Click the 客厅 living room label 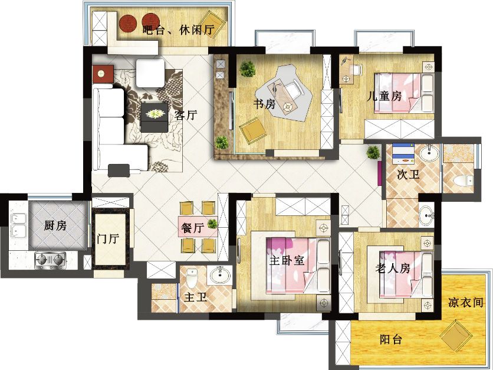(x=186, y=115)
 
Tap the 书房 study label (x=265, y=103)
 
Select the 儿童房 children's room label (x=384, y=96)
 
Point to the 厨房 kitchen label (x=55, y=225)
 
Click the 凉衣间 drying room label (x=466, y=302)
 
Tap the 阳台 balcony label (x=391, y=339)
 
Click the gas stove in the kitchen (x=50, y=260)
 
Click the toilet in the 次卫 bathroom (x=463, y=181)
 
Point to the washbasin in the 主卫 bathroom (x=219, y=275)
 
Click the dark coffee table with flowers (x=155, y=117)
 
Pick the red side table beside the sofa (x=103, y=74)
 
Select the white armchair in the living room (x=150, y=73)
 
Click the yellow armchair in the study (x=252, y=130)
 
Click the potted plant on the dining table (x=212, y=224)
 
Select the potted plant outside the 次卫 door (x=373, y=153)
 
